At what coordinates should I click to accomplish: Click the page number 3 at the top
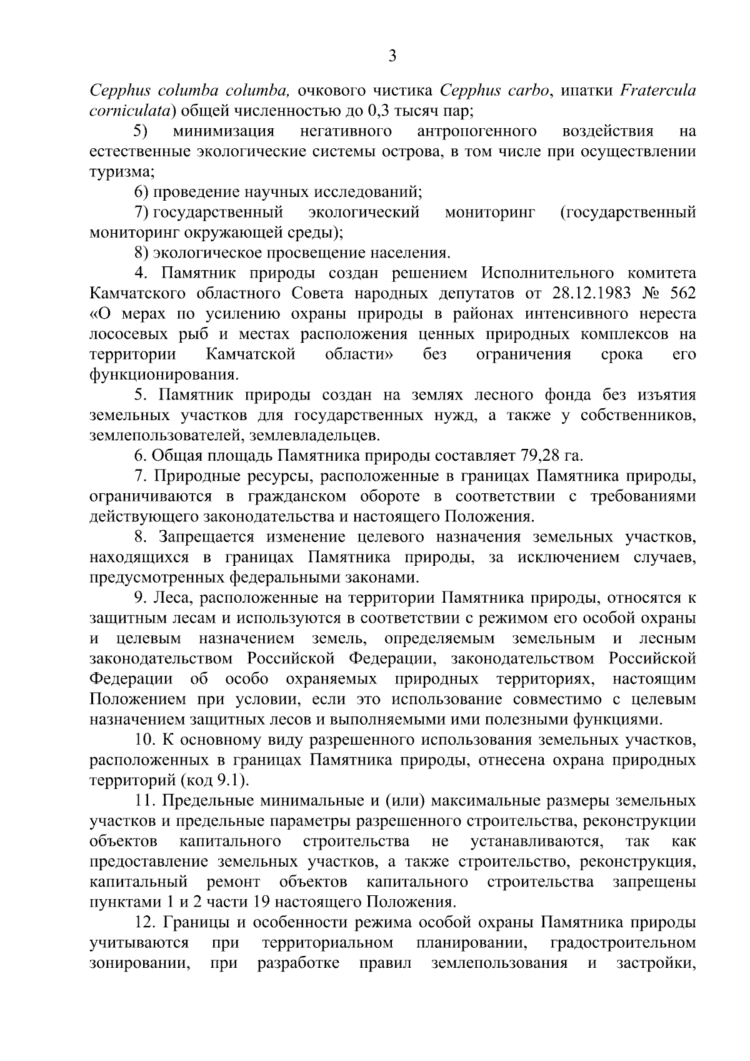[x=392, y=57]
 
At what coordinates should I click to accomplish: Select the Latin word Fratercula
[x=657, y=91]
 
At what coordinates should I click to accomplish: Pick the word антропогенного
[x=477, y=131]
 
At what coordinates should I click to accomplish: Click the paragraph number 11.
[x=144, y=801]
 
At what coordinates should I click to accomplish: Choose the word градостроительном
[x=622, y=942]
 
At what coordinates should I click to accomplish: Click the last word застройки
[x=656, y=962]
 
